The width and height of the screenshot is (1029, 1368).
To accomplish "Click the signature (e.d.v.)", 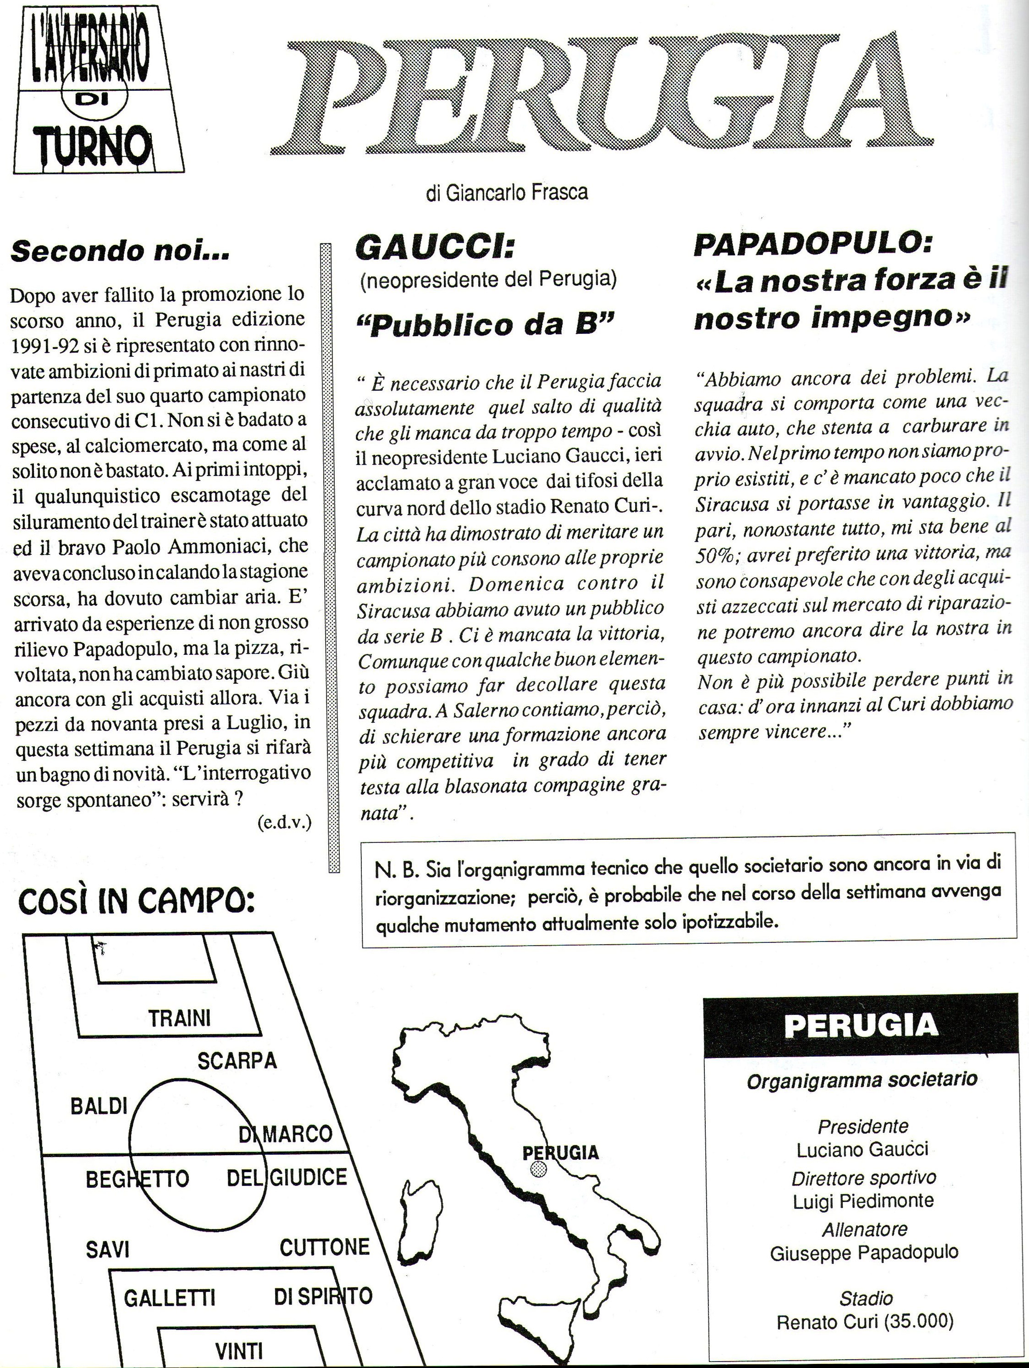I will coord(284,823).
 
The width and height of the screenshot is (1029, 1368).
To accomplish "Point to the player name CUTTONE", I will coord(325,1247).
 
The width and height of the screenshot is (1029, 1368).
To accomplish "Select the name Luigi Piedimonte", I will coord(863,1201).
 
